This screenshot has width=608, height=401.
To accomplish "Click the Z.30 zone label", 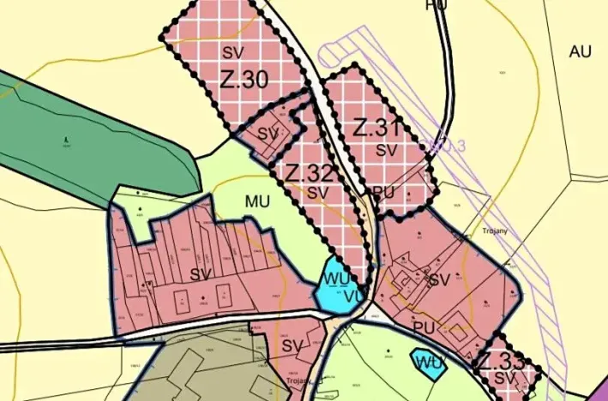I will tap(244, 80).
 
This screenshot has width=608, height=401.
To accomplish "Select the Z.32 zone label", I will tap(309, 172).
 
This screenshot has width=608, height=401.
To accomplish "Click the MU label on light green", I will tap(257, 202).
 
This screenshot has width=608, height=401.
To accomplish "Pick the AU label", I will tap(581, 51).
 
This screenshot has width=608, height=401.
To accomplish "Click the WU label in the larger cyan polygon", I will tap(334, 278).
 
